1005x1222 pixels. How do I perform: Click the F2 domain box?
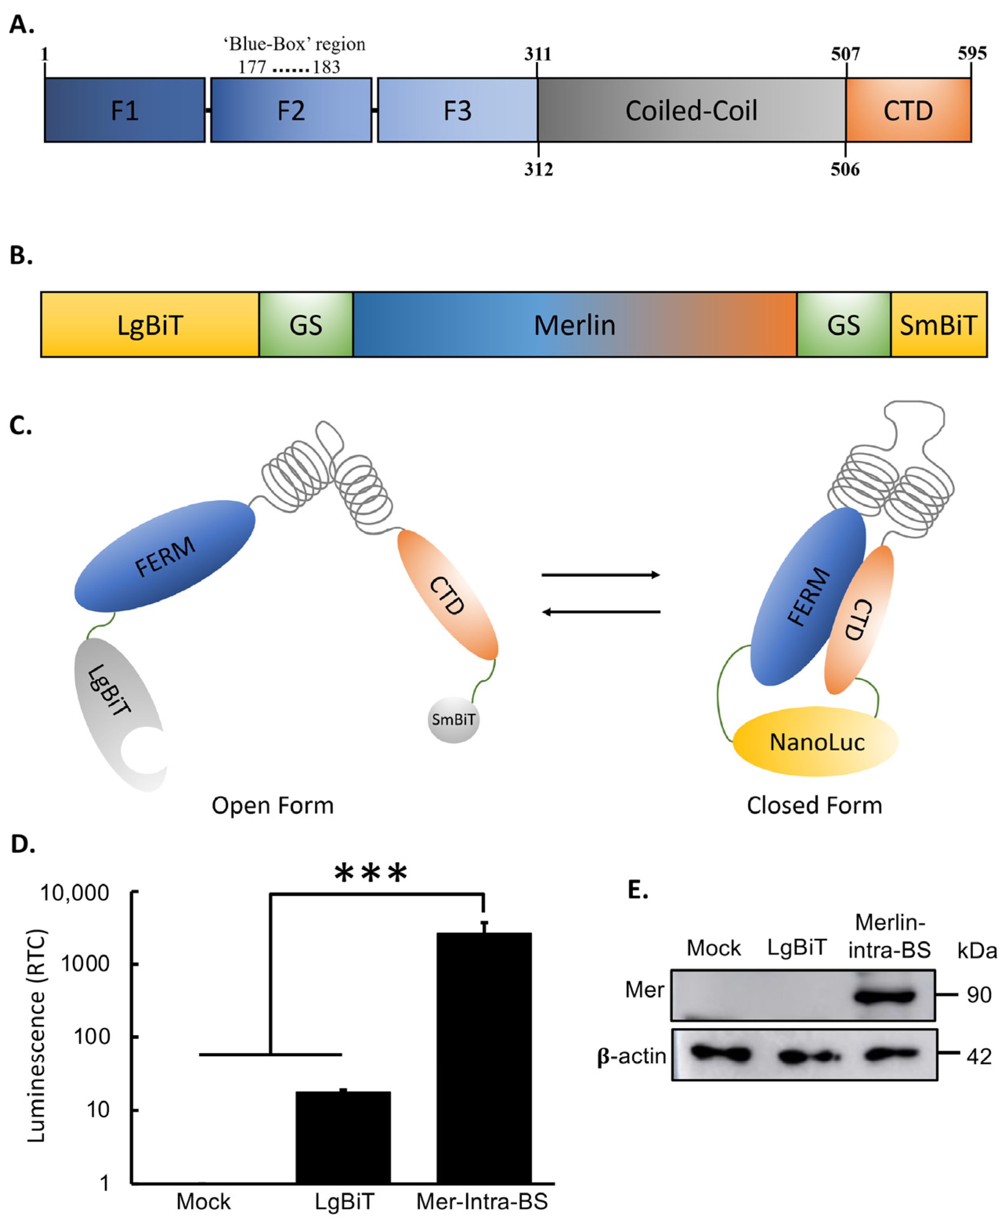290,110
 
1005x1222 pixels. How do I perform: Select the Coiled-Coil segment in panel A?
691,110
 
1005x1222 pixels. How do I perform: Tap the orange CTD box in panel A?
908,110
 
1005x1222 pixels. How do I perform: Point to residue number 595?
971,54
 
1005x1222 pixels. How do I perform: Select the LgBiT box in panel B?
150,325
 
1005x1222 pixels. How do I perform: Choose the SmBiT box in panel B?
938,325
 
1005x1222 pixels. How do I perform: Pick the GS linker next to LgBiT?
306,325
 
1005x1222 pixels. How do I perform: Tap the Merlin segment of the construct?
574,325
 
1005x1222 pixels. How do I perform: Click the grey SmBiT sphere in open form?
453,720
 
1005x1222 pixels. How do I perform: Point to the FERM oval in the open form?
165,556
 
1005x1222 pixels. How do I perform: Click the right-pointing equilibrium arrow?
600,575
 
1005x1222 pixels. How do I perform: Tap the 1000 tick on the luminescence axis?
85,964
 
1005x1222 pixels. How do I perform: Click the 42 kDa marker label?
978,1057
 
